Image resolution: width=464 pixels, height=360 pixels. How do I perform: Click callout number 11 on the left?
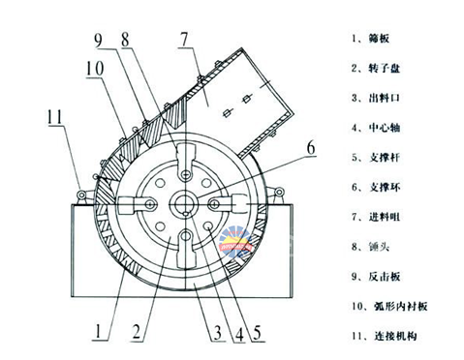click(x=55, y=117)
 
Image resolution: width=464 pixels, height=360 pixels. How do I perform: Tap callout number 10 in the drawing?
click(x=95, y=69)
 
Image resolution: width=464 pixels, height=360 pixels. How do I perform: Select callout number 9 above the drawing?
click(x=98, y=41)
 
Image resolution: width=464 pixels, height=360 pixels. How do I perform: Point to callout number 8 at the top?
click(x=125, y=40)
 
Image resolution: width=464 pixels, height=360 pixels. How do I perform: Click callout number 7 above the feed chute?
click(x=184, y=40)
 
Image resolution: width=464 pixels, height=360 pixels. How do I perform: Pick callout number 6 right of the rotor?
click(x=311, y=148)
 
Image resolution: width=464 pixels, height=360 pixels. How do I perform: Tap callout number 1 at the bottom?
click(x=98, y=332)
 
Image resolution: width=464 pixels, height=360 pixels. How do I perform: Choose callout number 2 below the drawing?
click(x=137, y=332)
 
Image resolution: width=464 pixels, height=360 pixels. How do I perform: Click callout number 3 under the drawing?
click(x=218, y=333)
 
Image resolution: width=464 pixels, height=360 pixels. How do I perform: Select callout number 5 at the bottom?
click(x=258, y=333)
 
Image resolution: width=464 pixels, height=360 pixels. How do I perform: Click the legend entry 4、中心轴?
click(x=376, y=128)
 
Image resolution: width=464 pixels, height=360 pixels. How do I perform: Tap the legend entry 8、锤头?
click(x=370, y=247)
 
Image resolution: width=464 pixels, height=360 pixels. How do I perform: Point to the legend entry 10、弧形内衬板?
click(x=389, y=306)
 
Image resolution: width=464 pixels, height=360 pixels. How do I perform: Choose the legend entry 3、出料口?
click(x=376, y=98)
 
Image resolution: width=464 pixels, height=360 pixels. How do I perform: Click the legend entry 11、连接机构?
click(x=385, y=336)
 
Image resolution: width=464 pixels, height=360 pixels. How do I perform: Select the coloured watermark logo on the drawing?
click(x=235, y=242)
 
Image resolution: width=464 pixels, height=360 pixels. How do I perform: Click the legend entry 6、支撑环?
click(x=376, y=187)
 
